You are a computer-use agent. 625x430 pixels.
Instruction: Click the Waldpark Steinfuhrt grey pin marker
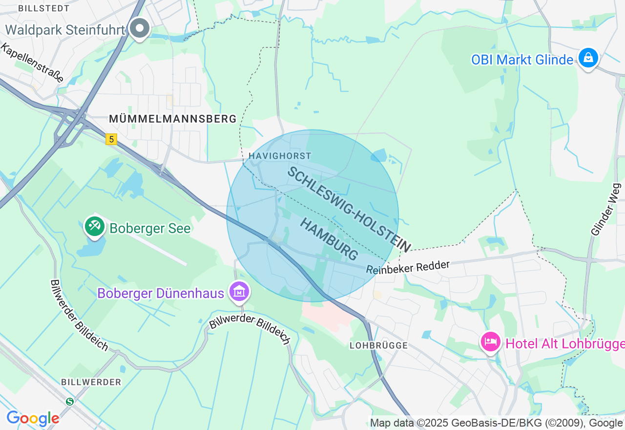140,29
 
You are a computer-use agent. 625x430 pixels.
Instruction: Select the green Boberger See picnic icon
94,226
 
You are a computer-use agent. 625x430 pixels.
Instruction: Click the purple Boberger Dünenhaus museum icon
239,292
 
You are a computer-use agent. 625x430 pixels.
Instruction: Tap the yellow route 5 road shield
111,140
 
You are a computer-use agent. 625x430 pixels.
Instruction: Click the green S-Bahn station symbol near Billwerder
70,401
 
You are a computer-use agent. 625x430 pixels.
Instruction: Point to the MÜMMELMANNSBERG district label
172,119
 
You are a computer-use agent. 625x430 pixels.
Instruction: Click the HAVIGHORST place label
279,156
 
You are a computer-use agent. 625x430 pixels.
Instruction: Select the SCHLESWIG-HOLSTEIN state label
349,209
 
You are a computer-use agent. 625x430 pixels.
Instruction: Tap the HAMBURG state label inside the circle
329,239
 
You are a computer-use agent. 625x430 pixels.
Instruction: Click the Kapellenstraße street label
32,63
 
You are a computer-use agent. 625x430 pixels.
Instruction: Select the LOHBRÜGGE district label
378,345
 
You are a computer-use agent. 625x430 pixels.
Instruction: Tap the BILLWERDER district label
91,382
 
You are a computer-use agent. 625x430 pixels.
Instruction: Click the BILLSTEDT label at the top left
43,8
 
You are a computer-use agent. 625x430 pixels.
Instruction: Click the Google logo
33,418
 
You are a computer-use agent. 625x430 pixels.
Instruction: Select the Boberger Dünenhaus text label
161,293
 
